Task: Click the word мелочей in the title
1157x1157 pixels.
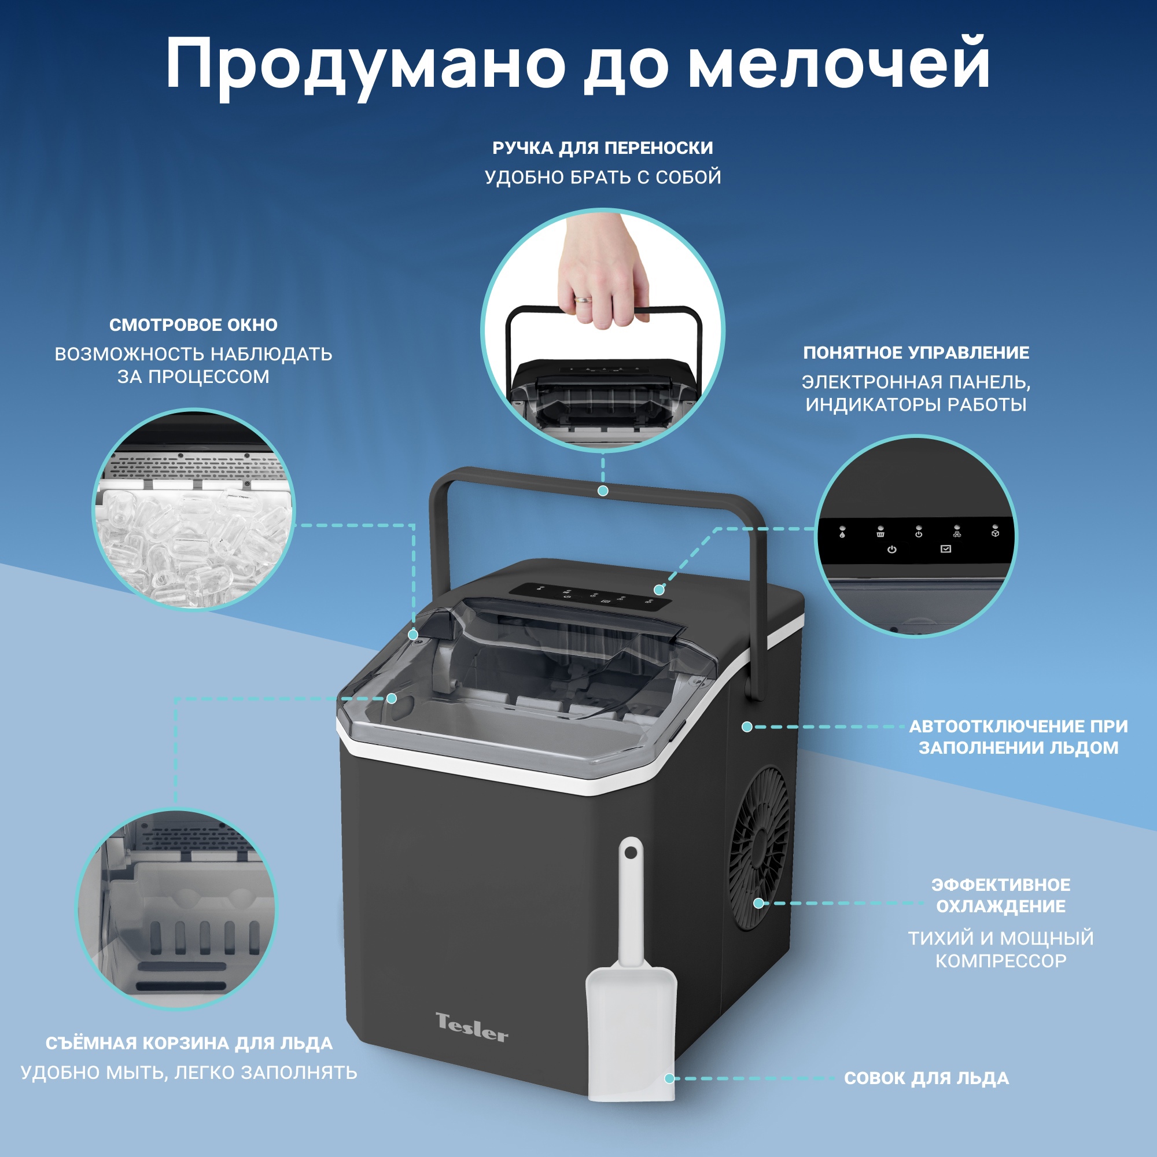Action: point(838,65)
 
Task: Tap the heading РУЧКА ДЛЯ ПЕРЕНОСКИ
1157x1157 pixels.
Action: point(602,148)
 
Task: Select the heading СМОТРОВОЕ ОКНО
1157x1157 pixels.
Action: point(193,325)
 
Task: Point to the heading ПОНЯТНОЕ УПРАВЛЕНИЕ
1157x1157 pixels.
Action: point(916,353)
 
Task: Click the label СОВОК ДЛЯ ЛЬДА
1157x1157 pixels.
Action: point(926,1078)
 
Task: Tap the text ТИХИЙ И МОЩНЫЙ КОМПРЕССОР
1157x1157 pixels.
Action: point(1001,949)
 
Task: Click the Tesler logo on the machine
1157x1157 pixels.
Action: point(471,1027)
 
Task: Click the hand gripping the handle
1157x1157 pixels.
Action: point(602,275)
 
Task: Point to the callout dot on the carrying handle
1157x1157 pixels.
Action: point(603,491)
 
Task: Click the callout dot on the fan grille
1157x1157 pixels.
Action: point(758,902)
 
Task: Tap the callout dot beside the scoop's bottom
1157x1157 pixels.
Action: point(669,1078)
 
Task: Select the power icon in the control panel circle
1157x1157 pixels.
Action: point(891,549)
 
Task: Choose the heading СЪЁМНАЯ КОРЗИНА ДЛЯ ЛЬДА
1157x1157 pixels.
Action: point(189,1043)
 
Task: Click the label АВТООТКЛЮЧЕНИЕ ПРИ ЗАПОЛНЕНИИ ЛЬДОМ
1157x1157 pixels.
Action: point(1018,736)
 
